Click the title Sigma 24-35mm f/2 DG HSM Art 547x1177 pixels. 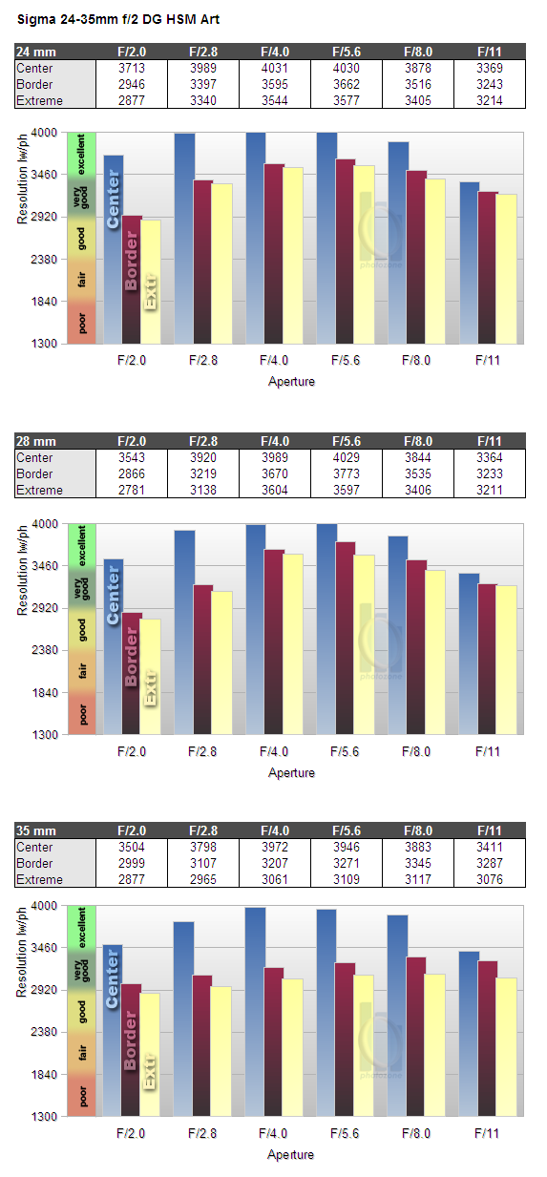(118, 19)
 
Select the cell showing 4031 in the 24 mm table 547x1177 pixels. (275, 69)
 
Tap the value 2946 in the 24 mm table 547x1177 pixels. (132, 85)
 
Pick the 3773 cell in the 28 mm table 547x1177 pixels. (347, 474)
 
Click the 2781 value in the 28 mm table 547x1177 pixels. (132, 491)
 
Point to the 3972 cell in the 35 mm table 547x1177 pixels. (275, 847)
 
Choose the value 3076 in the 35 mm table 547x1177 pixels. (489, 879)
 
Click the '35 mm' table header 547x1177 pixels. (35, 830)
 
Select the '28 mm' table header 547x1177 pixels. (35, 441)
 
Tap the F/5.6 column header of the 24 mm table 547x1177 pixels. (347, 52)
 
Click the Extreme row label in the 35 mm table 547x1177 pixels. (39, 879)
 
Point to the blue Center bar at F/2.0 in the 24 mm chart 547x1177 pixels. (114, 249)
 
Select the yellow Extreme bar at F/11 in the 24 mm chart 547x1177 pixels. (507, 269)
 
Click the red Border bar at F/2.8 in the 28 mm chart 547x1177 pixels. (202, 660)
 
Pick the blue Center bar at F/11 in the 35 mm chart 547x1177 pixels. (470, 1034)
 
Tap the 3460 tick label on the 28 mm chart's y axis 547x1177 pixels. (44, 566)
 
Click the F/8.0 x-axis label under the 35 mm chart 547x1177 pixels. (415, 1133)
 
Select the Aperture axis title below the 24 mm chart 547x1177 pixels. (291, 382)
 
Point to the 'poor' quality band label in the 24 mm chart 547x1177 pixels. (82, 323)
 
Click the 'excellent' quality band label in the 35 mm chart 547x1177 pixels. (81, 928)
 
